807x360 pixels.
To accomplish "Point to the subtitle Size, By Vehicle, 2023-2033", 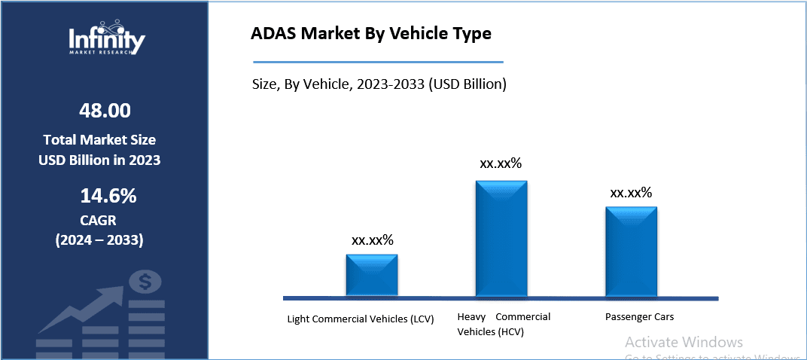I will point(379,84).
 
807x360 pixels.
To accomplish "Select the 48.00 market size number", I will point(105,111).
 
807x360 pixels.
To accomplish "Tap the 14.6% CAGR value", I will point(108,197).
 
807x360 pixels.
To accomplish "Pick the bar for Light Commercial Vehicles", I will point(372,275).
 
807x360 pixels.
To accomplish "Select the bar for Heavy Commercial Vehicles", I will point(501,238).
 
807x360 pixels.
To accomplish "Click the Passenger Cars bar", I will point(631,252).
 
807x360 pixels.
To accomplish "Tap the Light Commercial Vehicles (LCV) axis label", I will point(361,319).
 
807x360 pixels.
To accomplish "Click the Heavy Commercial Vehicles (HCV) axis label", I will point(504,324).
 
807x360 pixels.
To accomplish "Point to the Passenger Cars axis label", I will point(639,317).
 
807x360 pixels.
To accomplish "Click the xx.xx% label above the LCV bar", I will point(372,240).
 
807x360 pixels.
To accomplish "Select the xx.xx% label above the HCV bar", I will point(501,163).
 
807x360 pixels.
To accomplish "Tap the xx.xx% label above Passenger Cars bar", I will point(631,193).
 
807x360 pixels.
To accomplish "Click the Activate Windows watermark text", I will point(684,342).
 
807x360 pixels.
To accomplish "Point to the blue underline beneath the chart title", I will point(376,63).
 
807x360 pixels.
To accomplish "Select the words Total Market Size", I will point(99,140).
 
